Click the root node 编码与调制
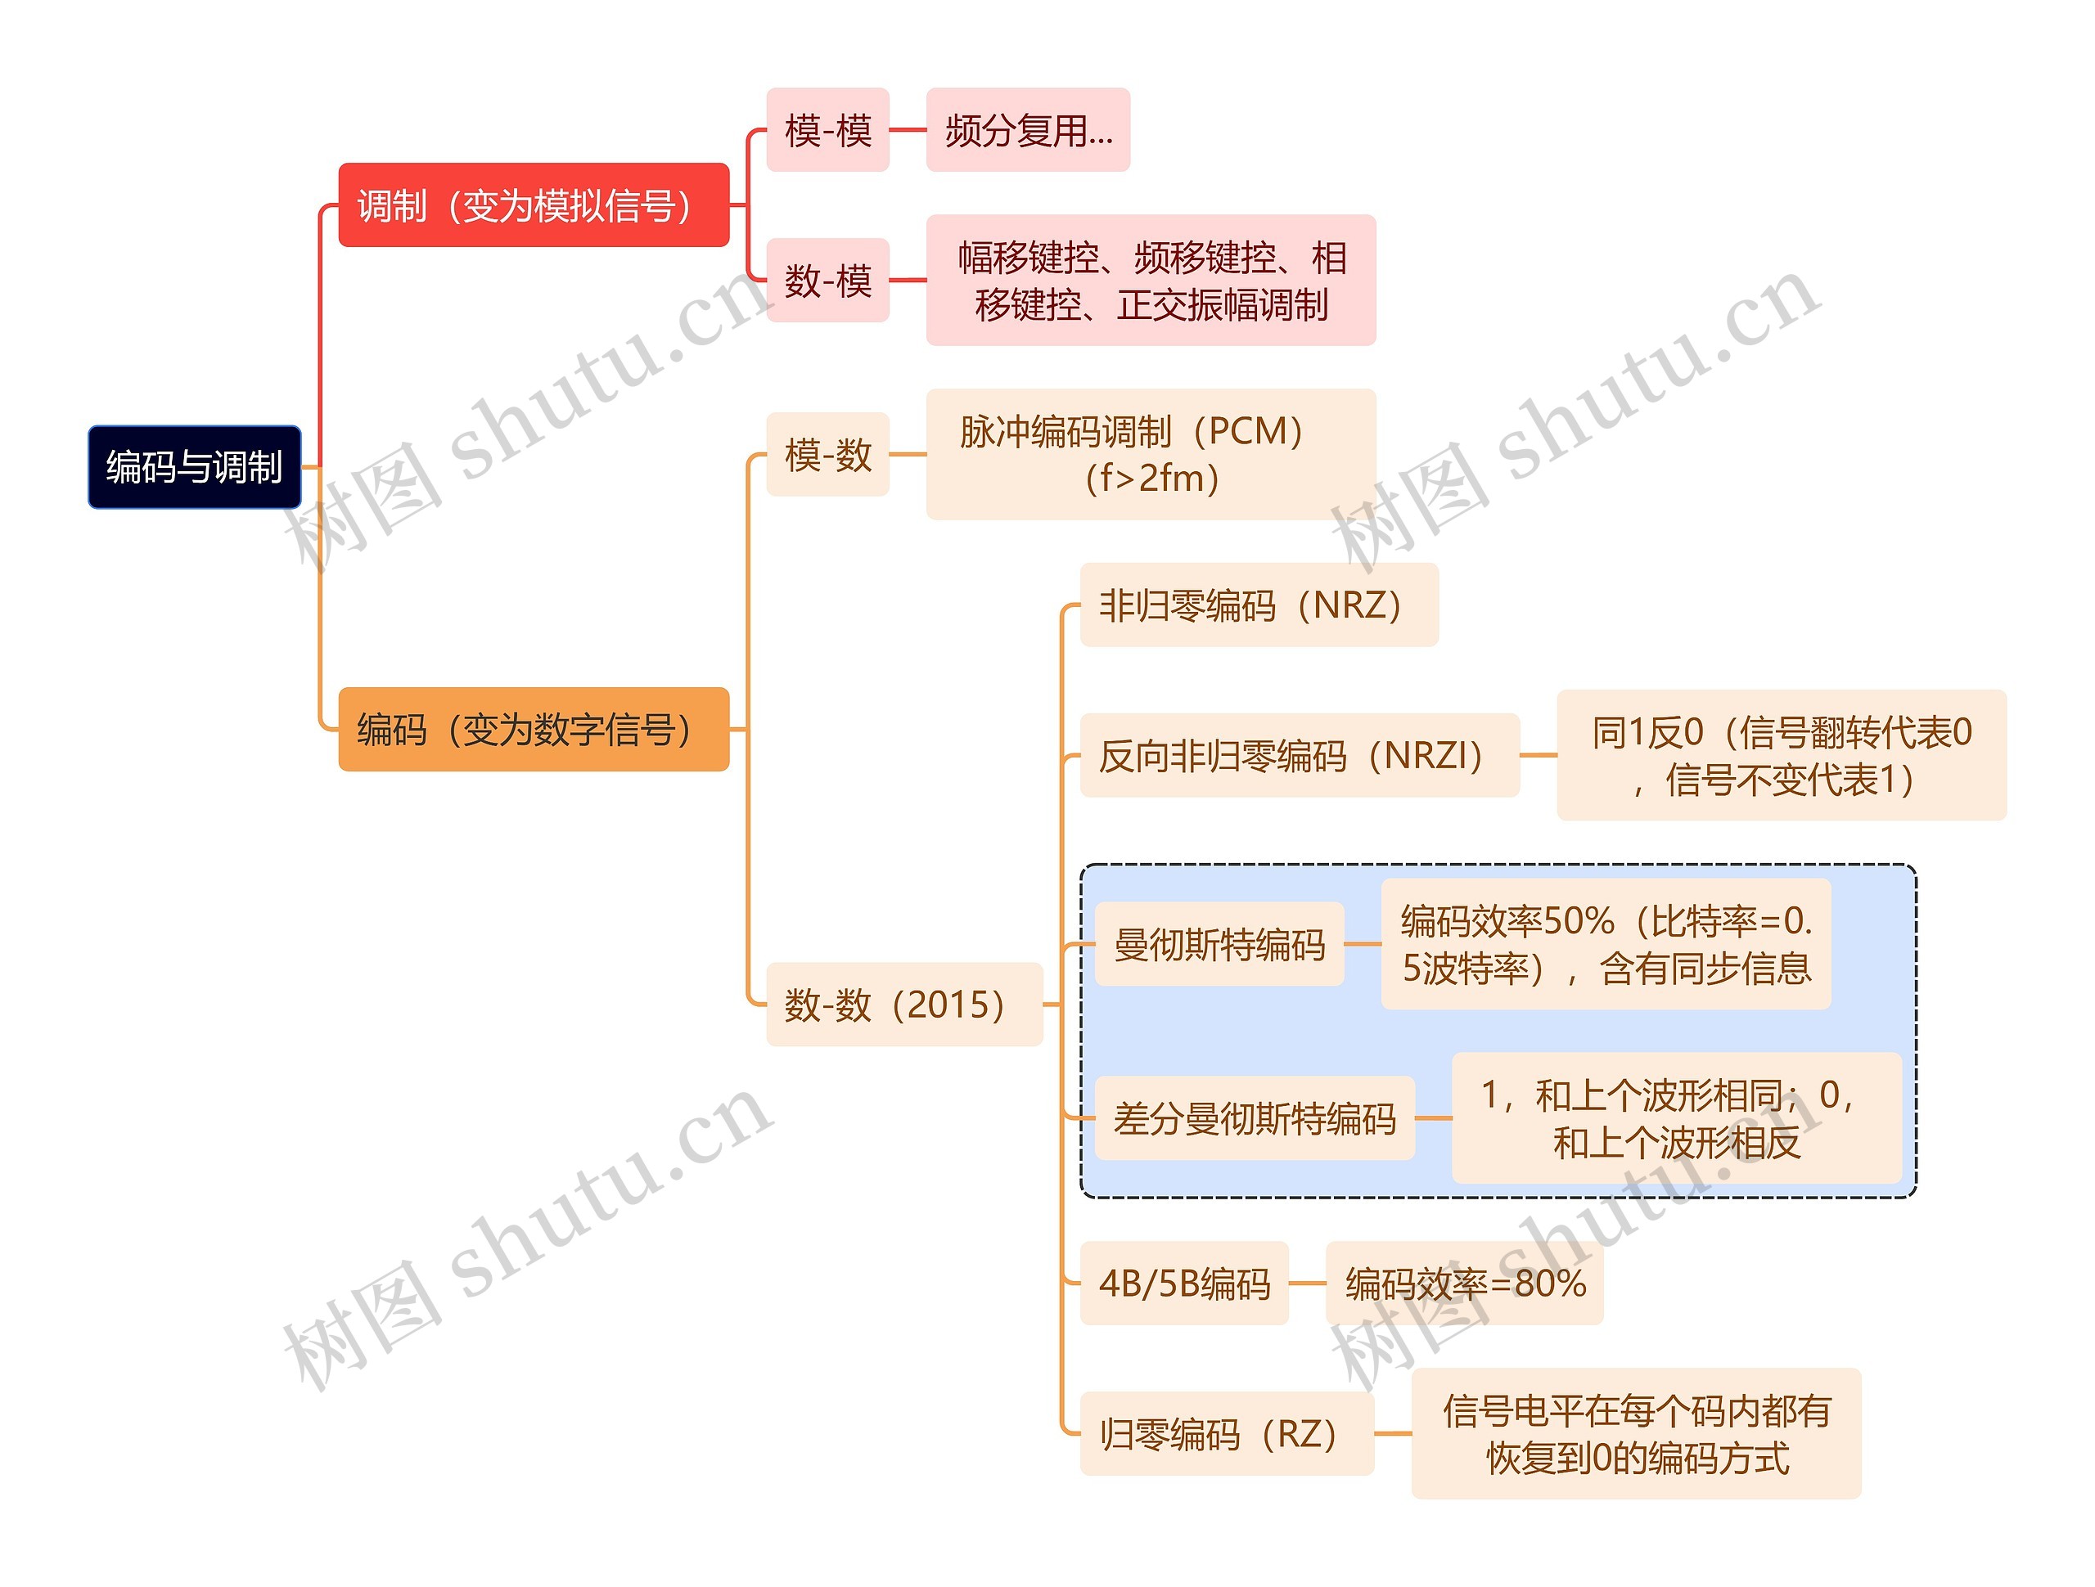click(x=194, y=467)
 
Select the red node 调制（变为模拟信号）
click(x=534, y=205)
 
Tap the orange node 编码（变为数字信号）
click(x=534, y=729)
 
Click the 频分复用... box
click(x=1028, y=130)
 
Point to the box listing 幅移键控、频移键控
click(x=1150, y=281)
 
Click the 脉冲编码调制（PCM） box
click(x=1150, y=455)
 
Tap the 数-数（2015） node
click(x=903, y=1005)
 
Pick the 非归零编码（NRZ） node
click(x=1259, y=605)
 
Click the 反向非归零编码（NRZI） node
click(x=1300, y=756)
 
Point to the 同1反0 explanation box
click(x=1781, y=756)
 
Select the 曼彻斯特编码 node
click(x=1219, y=944)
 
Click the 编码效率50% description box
click(x=1606, y=944)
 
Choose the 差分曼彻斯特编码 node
click(x=1254, y=1118)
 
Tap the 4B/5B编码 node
click(x=1184, y=1283)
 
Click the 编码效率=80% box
click(x=1464, y=1283)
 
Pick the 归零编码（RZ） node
click(x=1227, y=1433)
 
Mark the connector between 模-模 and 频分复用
click(x=908, y=130)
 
